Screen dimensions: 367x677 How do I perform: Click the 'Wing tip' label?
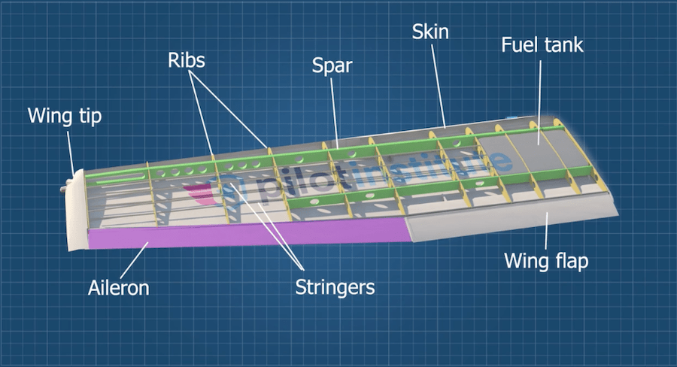pyautogui.click(x=64, y=117)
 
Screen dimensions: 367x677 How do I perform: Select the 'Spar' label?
pyautogui.click(x=332, y=66)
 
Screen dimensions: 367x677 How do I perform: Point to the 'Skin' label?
pyautogui.click(x=431, y=32)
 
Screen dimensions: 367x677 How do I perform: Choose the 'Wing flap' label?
pyautogui.click(x=545, y=262)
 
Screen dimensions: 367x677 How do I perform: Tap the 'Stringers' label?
pyautogui.click(x=335, y=287)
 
